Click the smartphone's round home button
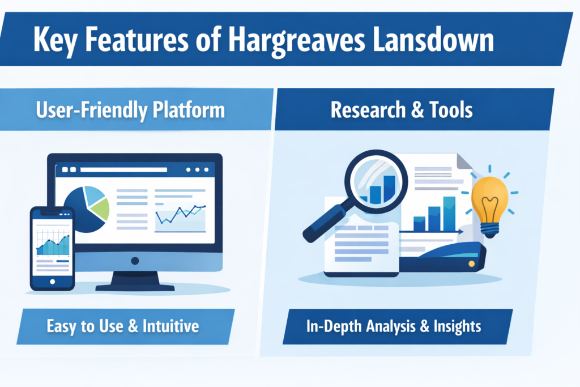[x=53, y=282]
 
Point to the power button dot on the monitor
[x=135, y=261]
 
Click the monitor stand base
[x=134, y=287]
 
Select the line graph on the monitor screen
[x=180, y=215]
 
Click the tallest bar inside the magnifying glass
[x=389, y=188]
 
